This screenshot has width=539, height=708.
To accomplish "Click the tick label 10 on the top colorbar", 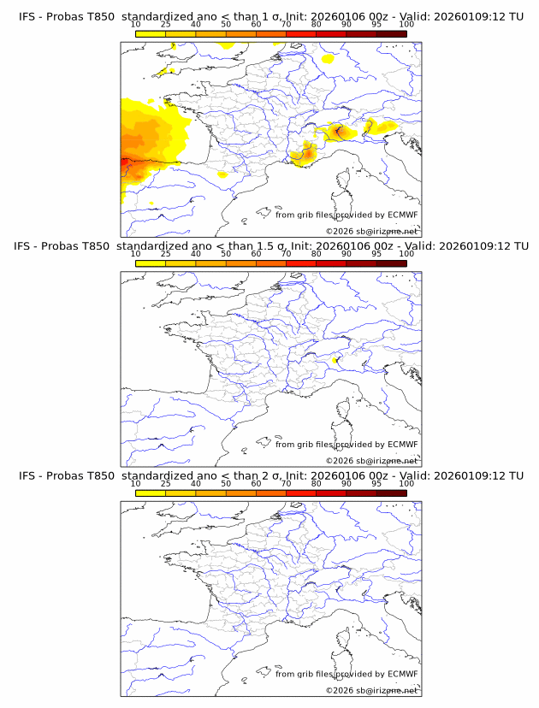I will [x=135, y=25].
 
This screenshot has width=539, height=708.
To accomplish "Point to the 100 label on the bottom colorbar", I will [x=406, y=483].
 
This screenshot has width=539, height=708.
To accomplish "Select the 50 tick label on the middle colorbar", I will [x=226, y=254].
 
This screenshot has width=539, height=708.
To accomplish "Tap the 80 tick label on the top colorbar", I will [x=317, y=25].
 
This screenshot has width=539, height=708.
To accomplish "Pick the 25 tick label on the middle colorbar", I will [x=165, y=254].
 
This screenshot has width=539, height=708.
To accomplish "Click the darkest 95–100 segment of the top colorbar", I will [x=391, y=33].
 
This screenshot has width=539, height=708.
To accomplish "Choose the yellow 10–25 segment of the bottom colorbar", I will [x=151, y=492].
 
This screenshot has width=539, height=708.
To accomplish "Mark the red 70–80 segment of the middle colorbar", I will [x=301, y=263].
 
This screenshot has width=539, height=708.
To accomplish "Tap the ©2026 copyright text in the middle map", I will [x=340, y=460].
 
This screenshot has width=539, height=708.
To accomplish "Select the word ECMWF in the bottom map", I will [x=402, y=674].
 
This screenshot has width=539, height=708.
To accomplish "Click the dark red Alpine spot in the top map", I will [x=339, y=131].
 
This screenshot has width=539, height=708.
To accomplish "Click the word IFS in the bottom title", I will [x=28, y=475].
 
